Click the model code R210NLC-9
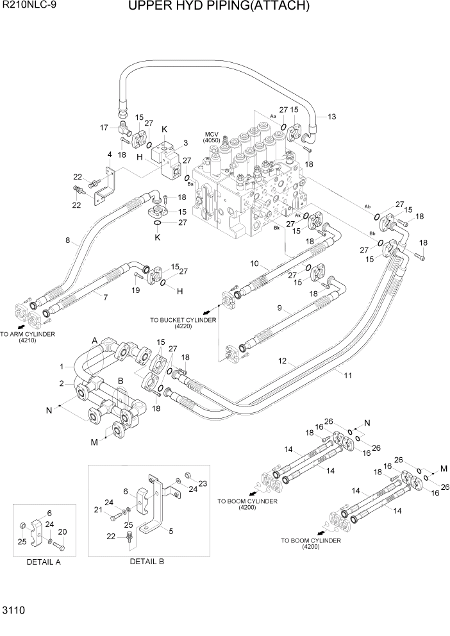tap(29, 7)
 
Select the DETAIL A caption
tap(44, 562)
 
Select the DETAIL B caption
tap(147, 562)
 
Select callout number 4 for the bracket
tap(110, 155)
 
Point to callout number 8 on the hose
tap(67, 241)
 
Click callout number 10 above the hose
tap(254, 264)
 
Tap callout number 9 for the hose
tap(279, 308)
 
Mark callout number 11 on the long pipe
tap(347, 375)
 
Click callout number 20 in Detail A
tap(62, 531)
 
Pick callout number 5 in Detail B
tap(171, 531)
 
